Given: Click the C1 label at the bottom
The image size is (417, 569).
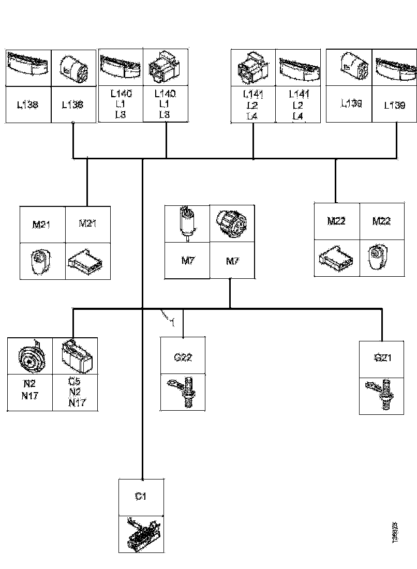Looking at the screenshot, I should pyautogui.click(x=141, y=497).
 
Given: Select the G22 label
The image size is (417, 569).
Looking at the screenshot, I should pyautogui.click(x=183, y=357).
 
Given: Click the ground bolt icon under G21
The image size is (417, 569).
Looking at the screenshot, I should pyautogui.click(x=382, y=395).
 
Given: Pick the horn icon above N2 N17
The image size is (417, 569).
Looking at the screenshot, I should pyautogui.click(x=30, y=356).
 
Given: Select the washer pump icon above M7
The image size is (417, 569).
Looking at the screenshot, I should pyautogui.click(x=186, y=223).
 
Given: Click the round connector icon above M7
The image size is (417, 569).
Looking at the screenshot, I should pyautogui.click(x=232, y=223).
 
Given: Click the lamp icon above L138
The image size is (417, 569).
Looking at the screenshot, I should pyautogui.click(x=28, y=67).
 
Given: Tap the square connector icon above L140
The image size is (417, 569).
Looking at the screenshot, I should pyautogui.click(x=165, y=68).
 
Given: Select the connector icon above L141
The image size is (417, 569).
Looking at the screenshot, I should pyautogui.click(x=253, y=68).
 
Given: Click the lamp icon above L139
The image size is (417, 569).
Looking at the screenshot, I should pyautogui.click(x=396, y=67).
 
